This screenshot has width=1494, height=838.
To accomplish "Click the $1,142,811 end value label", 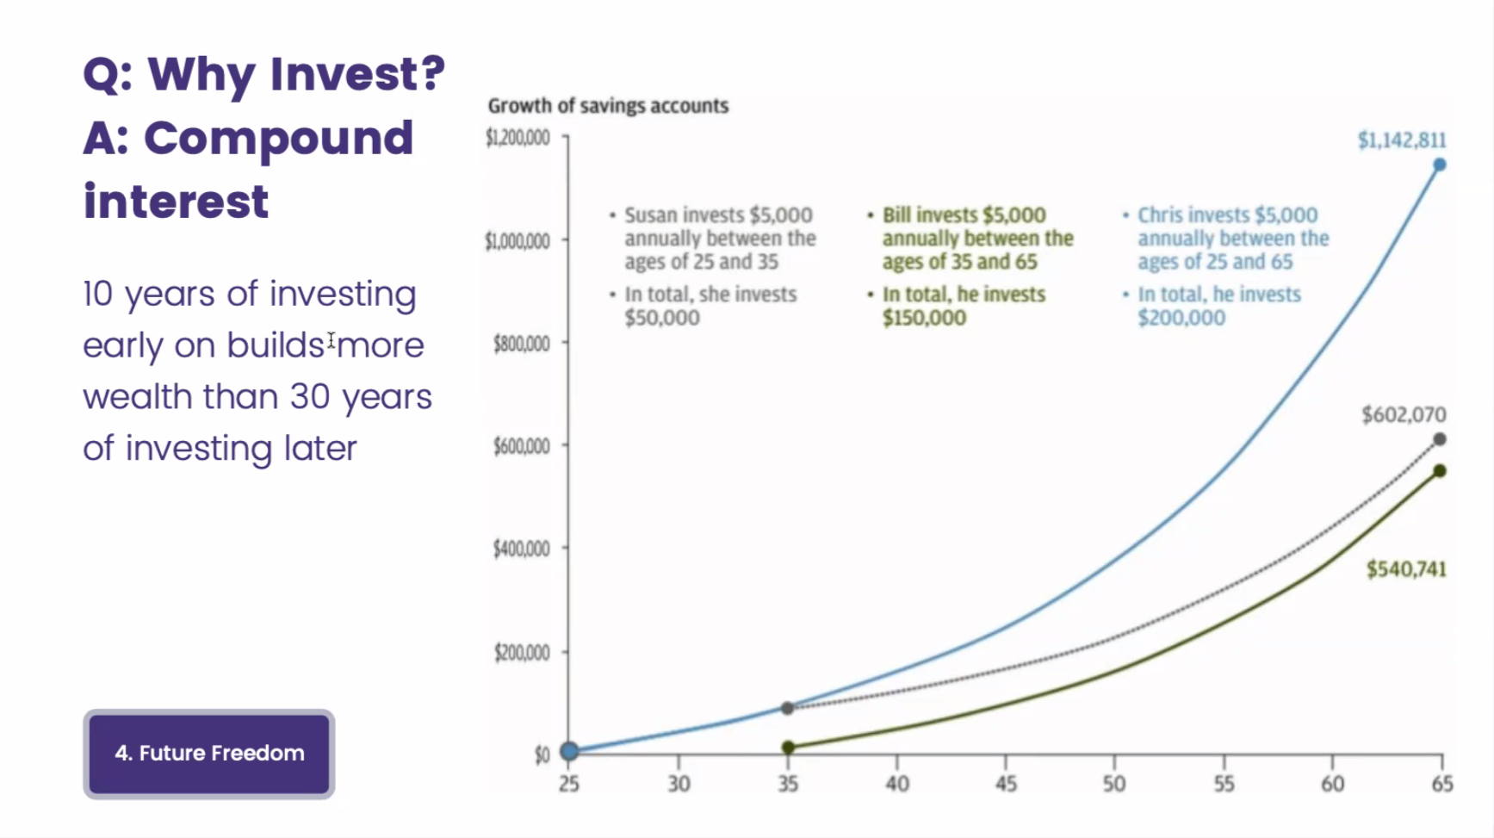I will [x=1401, y=140].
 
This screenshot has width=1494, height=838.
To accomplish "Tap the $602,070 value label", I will [x=1403, y=415].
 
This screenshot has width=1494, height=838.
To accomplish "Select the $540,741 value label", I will [x=1405, y=569].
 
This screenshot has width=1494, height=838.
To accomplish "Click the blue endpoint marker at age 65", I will [x=1439, y=164].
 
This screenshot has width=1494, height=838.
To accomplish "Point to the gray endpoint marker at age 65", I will [x=1439, y=439].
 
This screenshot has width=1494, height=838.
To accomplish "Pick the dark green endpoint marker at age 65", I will [x=1439, y=471].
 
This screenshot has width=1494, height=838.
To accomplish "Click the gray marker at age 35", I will [x=787, y=708].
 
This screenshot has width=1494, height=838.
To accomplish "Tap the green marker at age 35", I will [x=788, y=748].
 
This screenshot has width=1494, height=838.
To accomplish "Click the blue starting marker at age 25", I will [x=569, y=751].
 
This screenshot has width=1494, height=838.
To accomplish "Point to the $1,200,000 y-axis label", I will [x=518, y=138].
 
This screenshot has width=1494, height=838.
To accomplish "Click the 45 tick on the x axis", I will [x=1005, y=784].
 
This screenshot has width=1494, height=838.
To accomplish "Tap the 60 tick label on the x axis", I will [x=1332, y=784].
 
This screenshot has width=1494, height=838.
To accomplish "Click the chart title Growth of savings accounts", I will [x=608, y=106].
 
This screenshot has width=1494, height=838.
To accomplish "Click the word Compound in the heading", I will [x=278, y=139].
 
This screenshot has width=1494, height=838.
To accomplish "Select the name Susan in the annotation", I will [x=651, y=215].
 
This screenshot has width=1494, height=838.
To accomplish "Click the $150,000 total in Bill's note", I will [x=923, y=318].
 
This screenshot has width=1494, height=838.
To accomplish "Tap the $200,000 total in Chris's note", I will [x=1181, y=318].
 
